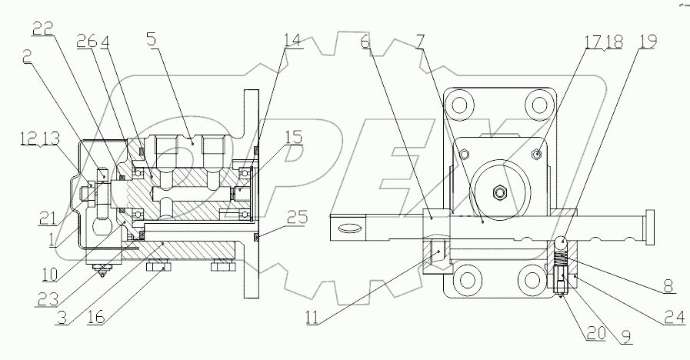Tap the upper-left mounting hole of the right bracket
point(459,104)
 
